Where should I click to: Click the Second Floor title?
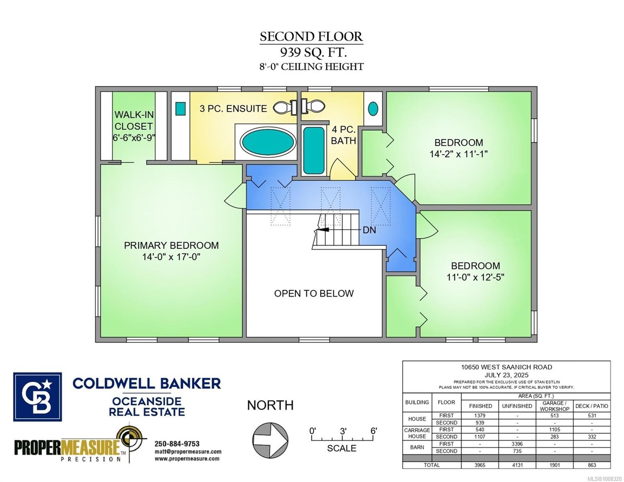[x=311, y=37]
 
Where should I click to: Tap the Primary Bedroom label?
[x=171, y=245]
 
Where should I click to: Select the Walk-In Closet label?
[x=134, y=120]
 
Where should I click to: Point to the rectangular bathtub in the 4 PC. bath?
[x=313, y=151]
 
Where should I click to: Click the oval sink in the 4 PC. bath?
[x=373, y=108]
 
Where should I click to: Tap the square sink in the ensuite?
[x=180, y=108]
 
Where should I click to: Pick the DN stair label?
[x=369, y=230]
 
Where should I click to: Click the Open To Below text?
[x=314, y=294]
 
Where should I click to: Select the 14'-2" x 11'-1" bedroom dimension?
[x=458, y=154]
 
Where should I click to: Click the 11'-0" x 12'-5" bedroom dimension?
[x=475, y=277]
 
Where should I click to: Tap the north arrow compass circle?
[x=270, y=439]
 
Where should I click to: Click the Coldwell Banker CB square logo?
[x=37, y=396]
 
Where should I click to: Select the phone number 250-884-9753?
[x=177, y=444]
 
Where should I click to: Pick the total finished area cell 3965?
[x=480, y=465]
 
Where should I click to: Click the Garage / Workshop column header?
[x=554, y=406]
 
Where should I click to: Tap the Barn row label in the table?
[x=417, y=447]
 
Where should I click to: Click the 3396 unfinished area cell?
[x=517, y=444]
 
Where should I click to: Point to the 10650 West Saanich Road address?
[x=506, y=367]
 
